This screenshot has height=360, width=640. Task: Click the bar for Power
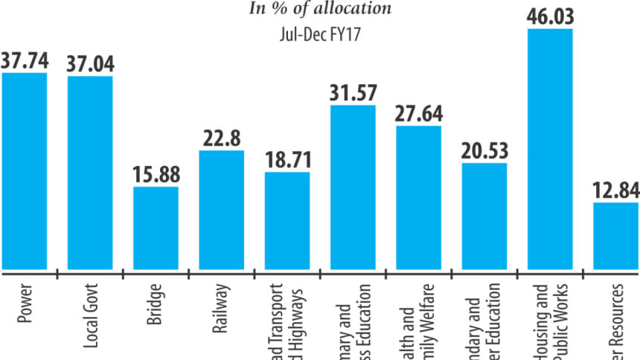point(24,171)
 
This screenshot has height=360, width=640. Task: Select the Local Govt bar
point(90,173)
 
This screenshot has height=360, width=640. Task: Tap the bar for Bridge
point(156,228)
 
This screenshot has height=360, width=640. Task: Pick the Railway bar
point(222,210)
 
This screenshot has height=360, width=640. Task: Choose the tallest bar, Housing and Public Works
point(550,149)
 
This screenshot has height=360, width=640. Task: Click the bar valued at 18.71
point(287,220)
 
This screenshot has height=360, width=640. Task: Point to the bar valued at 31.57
point(353,187)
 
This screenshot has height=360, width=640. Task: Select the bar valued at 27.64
point(418,197)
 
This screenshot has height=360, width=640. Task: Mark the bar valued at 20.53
point(484,216)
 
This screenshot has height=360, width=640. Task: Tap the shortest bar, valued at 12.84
point(617,235)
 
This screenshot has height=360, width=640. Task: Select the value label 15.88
point(156,175)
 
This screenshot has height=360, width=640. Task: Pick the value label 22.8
point(222,138)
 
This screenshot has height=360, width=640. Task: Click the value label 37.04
point(90,64)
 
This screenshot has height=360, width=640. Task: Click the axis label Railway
point(222,301)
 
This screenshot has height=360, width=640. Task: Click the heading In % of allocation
point(319,9)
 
